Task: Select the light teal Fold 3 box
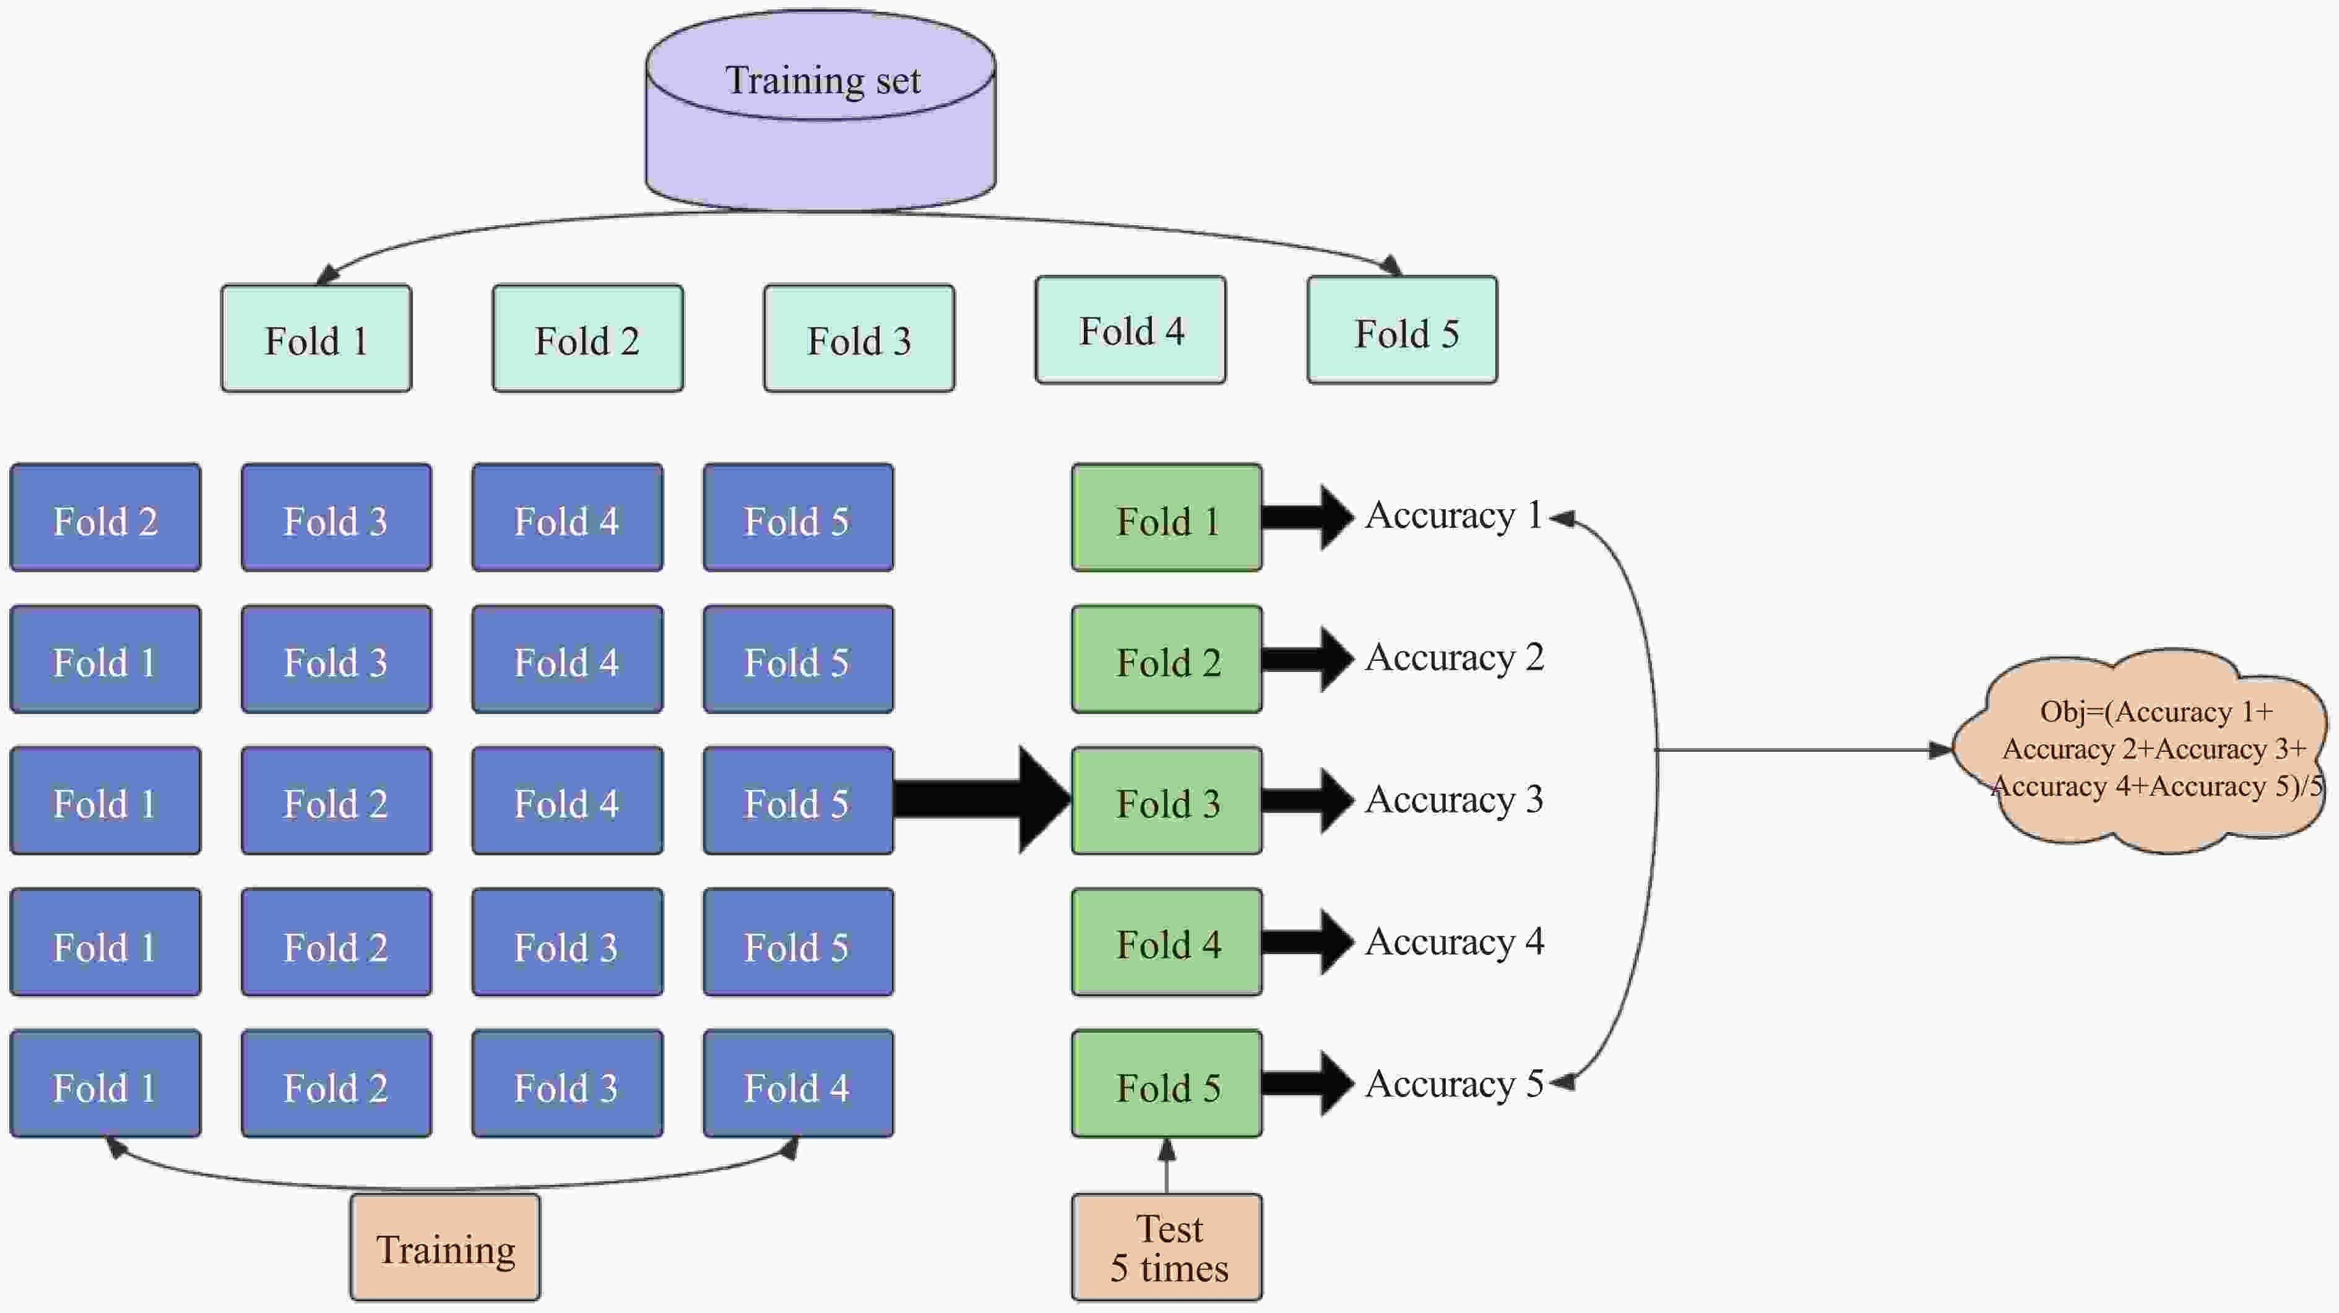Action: click(859, 338)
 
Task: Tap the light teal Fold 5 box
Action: click(1402, 330)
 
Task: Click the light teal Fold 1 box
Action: click(316, 338)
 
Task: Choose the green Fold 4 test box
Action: click(1167, 942)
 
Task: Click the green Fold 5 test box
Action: click(1167, 1084)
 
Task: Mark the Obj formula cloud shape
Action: click(2143, 750)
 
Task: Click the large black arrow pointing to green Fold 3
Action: click(980, 800)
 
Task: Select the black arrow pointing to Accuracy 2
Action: click(1306, 659)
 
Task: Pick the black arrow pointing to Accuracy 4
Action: click(1306, 942)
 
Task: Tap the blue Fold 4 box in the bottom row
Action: click(798, 1084)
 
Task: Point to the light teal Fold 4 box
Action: click(1130, 330)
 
